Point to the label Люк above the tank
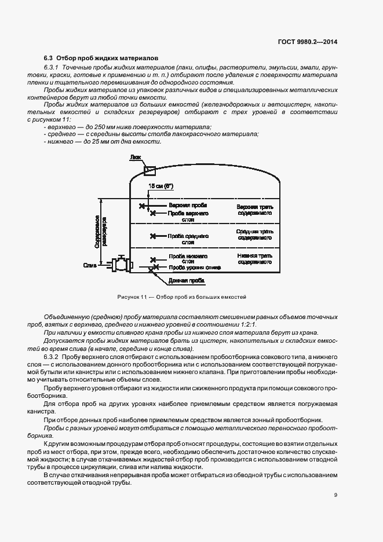[x=135, y=157]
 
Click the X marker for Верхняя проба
[x=142, y=206]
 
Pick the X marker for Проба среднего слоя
[x=153, y=236]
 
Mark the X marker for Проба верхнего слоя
[x=153, y=214]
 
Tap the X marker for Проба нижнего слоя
[x=153, y=261]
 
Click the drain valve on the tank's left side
[x=121, y=264]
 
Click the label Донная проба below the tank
[x=185, y=280]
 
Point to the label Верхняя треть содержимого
[x=254, y=210]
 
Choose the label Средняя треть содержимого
[x=254, y=235]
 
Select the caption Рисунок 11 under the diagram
[x=182, y=296]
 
